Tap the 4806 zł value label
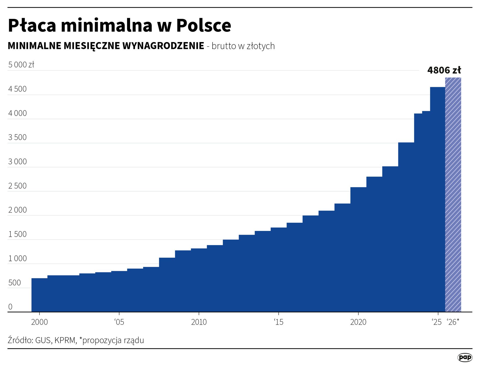coord(444,70)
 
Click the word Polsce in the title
coord(203,25)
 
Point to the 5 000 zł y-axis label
coord(21,64)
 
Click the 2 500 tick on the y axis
coord(17,186)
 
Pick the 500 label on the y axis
coord(15,283)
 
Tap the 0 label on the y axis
coord(10,307)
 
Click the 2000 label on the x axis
coord(39,322)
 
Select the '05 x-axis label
coord(119,322)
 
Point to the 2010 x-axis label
coord(199,322)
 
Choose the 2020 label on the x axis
coord(358,322)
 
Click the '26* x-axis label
coord(453,322)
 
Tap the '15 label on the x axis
coord(278,322)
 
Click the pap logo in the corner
coord(465,357)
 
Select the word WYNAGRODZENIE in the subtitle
coord(163,46)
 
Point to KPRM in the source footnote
coord(65,340)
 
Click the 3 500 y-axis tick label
coord(17,137)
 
